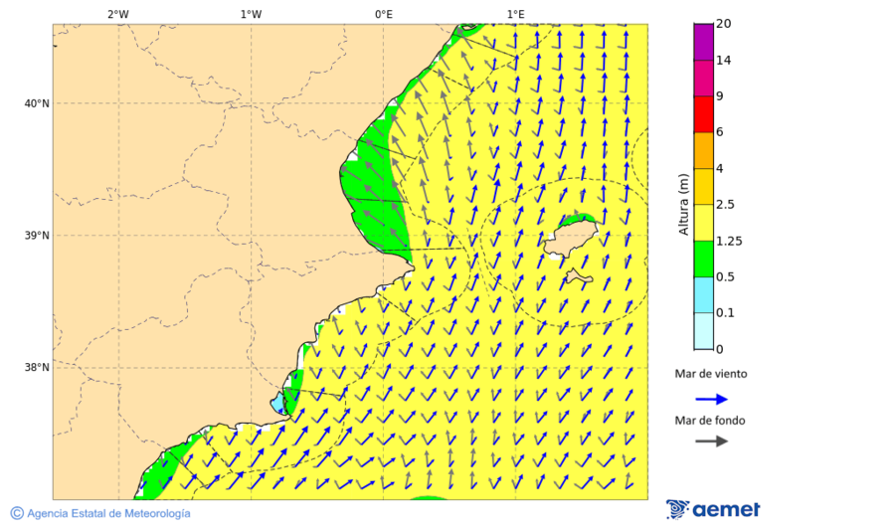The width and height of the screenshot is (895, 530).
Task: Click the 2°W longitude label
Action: point(118,14)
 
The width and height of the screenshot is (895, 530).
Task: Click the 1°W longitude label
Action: point(251,14)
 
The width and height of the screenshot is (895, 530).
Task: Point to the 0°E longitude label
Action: point(384,14)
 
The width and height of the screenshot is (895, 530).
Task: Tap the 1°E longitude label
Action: point(516,14)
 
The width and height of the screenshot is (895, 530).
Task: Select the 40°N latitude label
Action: point(37,103)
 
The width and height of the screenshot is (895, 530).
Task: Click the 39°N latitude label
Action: point(37,236)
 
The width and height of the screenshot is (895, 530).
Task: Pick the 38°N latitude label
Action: point(37,368)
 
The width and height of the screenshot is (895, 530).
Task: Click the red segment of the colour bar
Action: point(703,114)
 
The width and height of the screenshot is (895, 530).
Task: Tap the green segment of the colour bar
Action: point(703,259)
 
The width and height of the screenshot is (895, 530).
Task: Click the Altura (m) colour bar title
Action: point(683,204)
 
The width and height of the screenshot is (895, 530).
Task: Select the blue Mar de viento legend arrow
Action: point(711,399)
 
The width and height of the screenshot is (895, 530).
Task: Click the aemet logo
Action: point(713,509)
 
